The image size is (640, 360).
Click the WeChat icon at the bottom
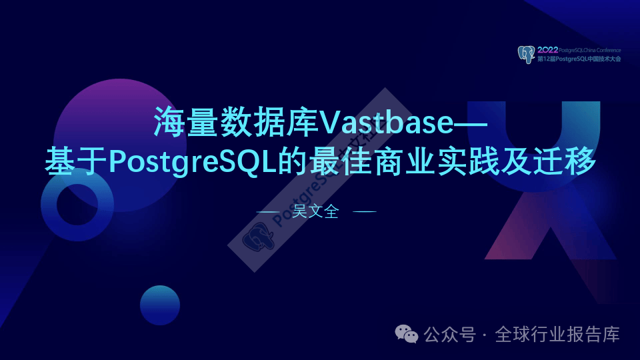tap(407, 333)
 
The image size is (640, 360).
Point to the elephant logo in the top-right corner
tap(527, 54)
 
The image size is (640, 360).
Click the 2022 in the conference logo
tap(547, 50)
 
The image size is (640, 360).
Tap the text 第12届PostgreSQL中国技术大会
tap(579, 59)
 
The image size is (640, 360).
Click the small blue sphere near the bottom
tap(160, 305)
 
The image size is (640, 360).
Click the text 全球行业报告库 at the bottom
tap(557, 334)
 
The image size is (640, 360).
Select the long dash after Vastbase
tap(465, 124)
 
